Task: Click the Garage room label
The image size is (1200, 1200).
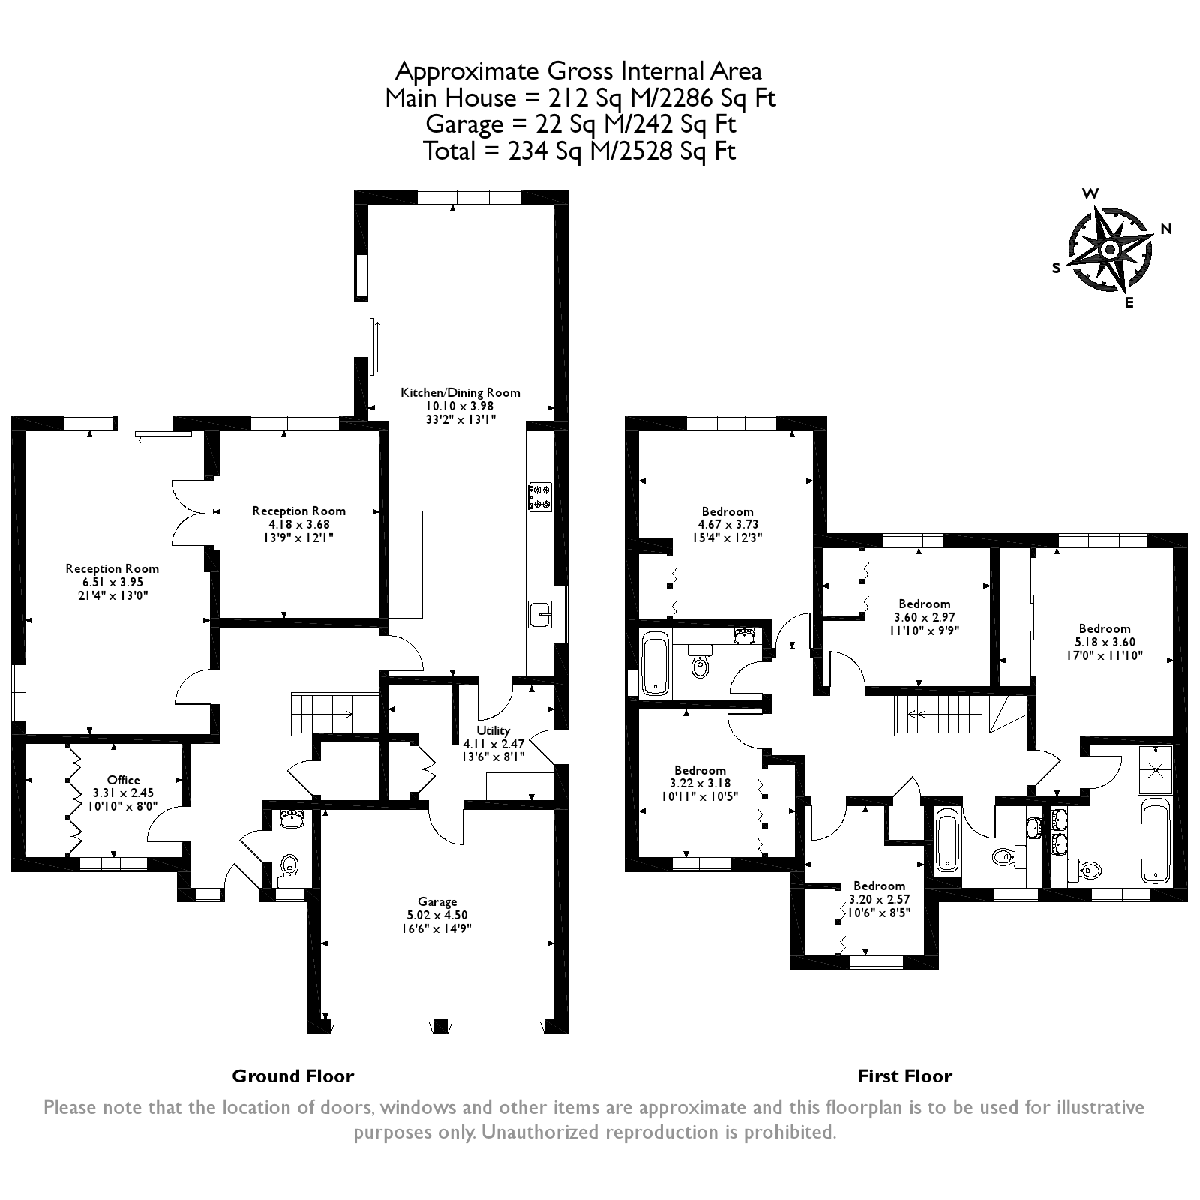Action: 437,901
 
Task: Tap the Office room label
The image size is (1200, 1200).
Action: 124,780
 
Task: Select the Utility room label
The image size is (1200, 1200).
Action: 493,730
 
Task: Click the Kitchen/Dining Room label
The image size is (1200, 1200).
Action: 460,392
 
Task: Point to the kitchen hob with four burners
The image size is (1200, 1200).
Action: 540,496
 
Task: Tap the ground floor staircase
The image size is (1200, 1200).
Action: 323,713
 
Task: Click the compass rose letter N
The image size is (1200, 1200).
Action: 1166,229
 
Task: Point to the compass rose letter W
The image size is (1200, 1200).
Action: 1091,193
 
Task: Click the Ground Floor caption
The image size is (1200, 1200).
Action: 292,1076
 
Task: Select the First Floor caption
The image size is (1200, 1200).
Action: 904,1076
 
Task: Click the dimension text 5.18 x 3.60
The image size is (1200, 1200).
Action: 1105,642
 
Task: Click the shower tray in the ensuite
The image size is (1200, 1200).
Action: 1156,769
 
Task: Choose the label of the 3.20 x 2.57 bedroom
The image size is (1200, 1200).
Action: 879,886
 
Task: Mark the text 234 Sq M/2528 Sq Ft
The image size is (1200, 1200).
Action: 622,151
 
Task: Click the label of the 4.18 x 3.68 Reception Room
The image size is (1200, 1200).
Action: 299,511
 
